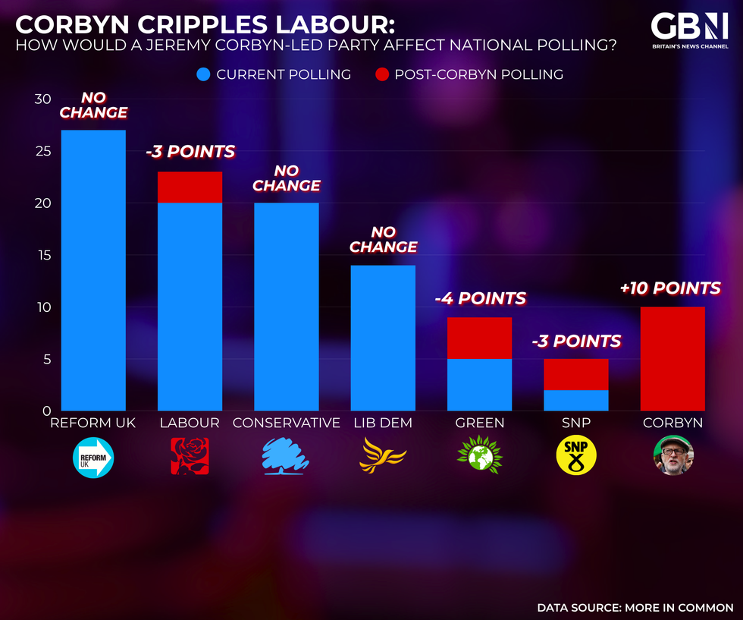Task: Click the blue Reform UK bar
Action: coord(92,270)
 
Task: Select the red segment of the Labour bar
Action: coord(190,187)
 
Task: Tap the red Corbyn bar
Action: coord(672,358)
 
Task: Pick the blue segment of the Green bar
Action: coord(479,385)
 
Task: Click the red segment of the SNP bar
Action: coord(576,374)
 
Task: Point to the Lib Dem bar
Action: coord(383,338)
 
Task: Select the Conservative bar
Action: coord(286,307)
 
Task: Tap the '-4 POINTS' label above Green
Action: coord(480,299)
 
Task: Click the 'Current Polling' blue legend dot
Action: coord(203,74)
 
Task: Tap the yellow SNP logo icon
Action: coord(576,455)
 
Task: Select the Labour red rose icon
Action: coord(190,455)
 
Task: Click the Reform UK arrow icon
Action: coord(92,457)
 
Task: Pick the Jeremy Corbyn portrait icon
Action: coord(673,455)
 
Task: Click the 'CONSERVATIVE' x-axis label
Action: coord(286,423)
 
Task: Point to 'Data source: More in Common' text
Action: coord(635,607)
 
